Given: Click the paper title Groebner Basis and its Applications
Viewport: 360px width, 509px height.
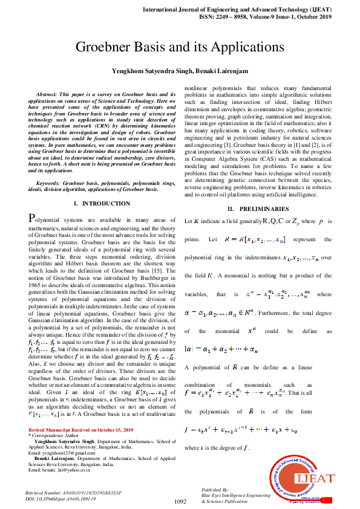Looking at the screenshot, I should click(x=180, y=48).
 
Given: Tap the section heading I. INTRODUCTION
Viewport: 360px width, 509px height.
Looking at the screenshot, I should click(x=101, y=187).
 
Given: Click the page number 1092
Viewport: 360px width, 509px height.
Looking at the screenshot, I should click(x=179, y=501).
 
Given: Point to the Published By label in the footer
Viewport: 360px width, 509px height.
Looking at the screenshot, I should click(x=215, y=488).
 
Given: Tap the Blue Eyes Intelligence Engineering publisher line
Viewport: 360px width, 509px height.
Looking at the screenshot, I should click(x=236, y=494).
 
